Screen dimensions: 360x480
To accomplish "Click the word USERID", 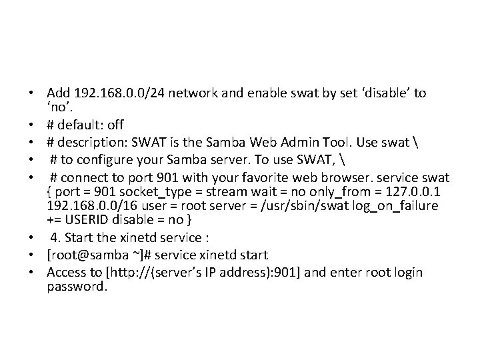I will click(86, 221).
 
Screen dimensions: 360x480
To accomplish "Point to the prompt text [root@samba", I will click(84, 255).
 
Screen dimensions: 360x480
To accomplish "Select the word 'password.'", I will click(77, 287).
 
